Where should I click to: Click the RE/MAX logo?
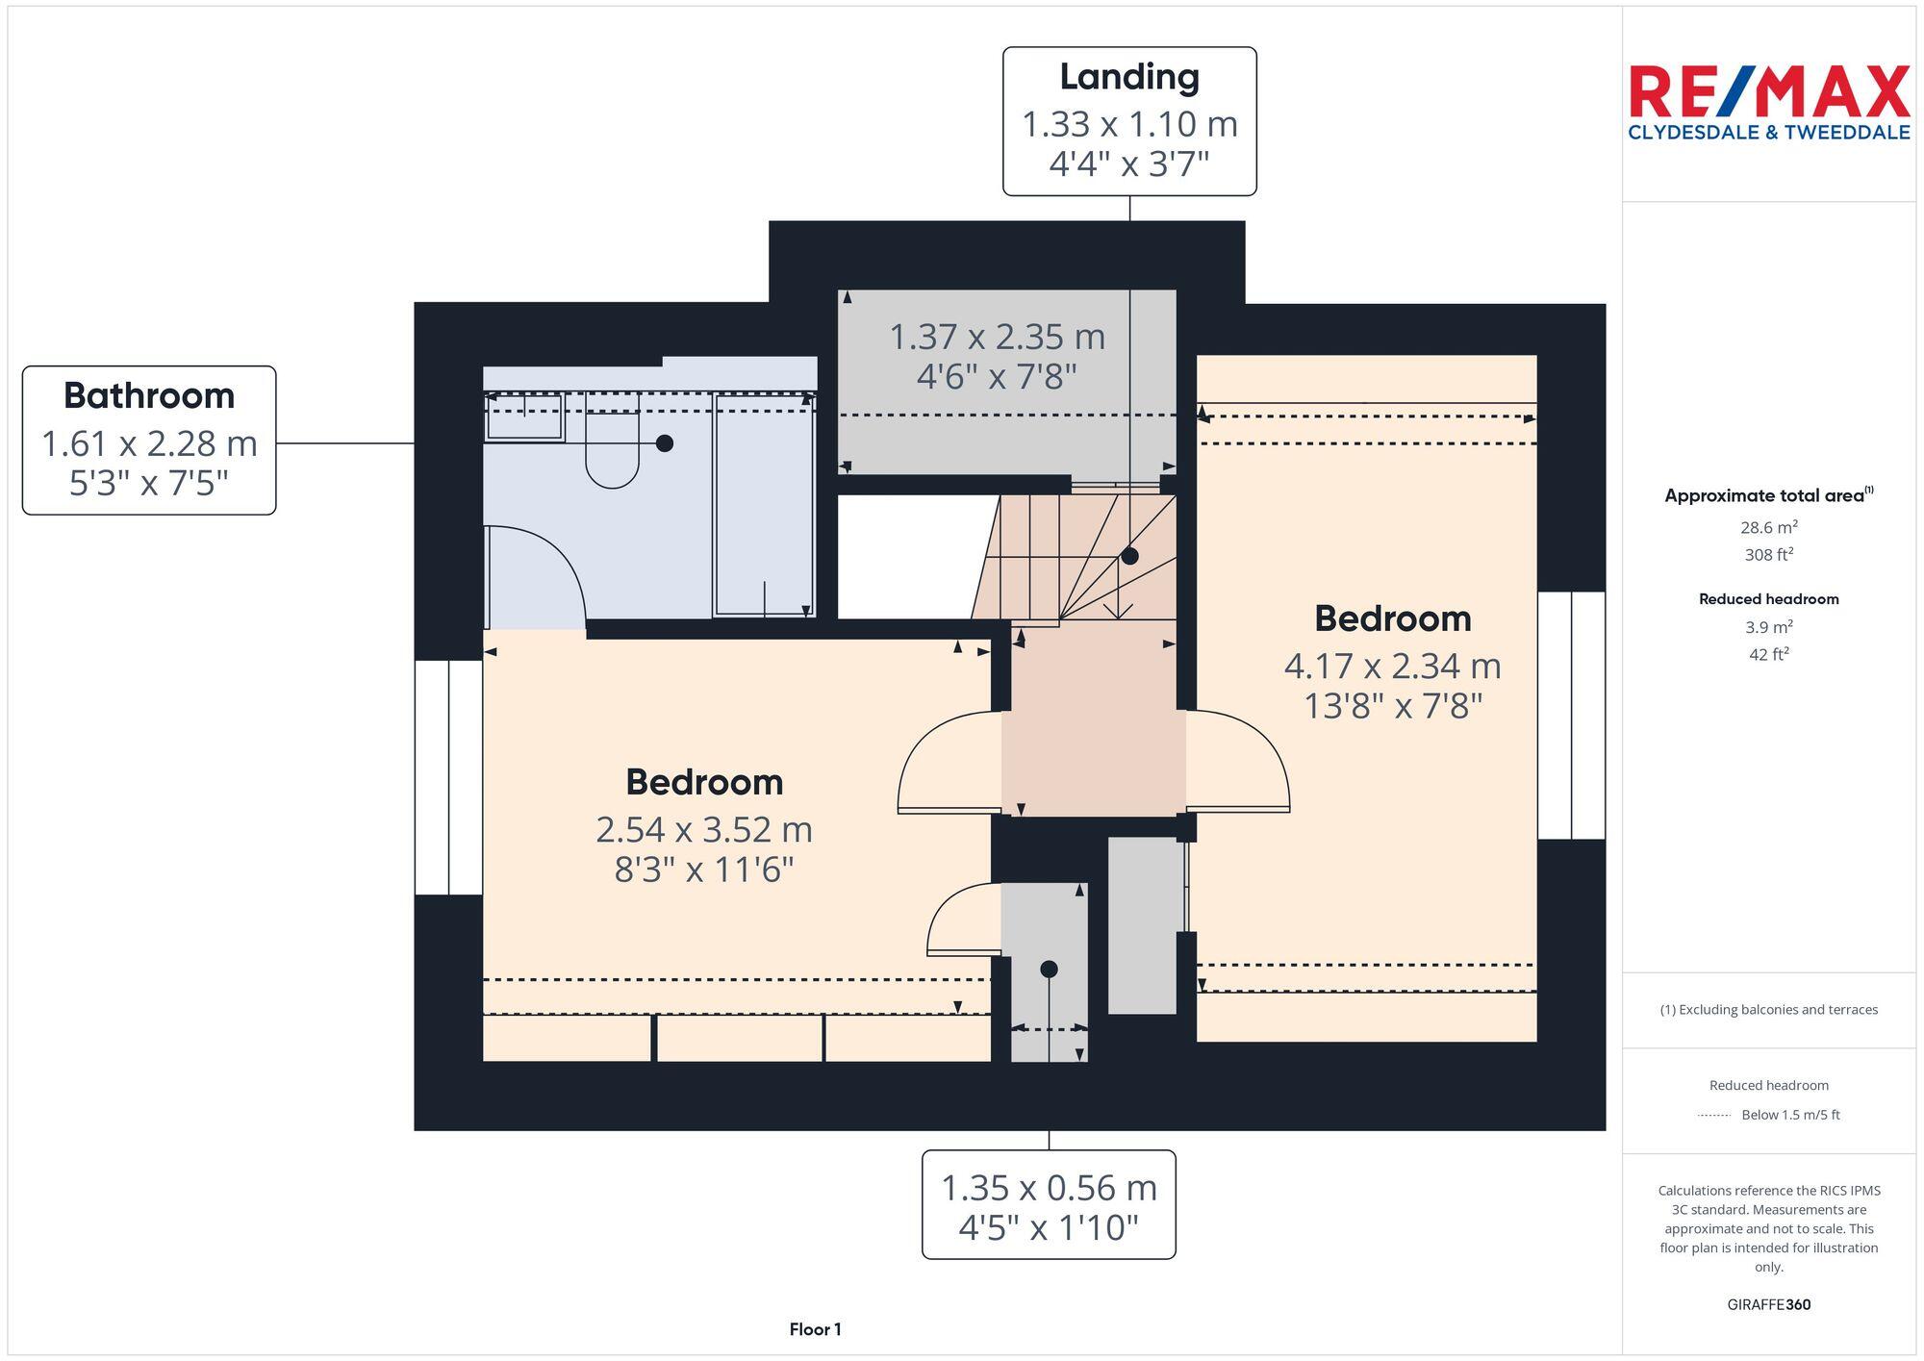pos(1768,102)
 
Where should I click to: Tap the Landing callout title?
pos(1129,77)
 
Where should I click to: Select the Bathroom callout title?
pos(149,395)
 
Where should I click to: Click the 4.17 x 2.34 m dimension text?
pos(1392,666)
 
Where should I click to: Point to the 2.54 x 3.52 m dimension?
pos(703,829)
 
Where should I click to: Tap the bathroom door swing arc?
pos(548,567)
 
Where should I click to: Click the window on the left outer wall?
pos(448,777)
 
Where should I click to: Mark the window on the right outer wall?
pos(1571,716)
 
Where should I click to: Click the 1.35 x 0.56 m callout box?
pos(1049,1205)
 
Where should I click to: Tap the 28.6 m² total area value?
pos(1768,527)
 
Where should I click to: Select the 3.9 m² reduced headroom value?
pos(1768,627)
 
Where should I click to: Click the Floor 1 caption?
pos(815,1329)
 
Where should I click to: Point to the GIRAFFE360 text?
pos(1768,1304)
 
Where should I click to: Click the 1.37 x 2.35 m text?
pos(997,337)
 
